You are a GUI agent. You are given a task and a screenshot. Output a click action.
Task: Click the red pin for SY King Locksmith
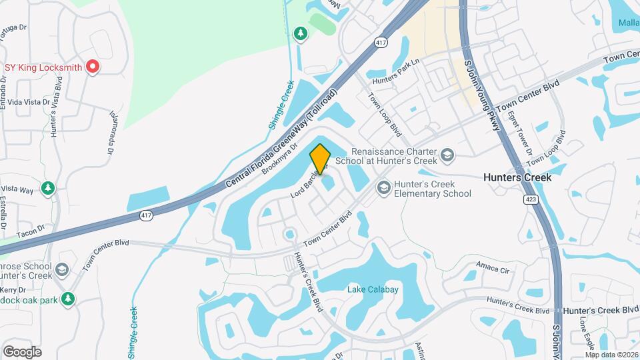pyautogui.click(x=93, y=67)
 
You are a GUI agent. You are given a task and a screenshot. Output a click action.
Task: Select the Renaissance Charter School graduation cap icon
pyautogui.click(x=447, y=156)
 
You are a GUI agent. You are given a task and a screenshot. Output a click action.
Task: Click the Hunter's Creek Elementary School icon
pyautogui.click(x=383, y=188)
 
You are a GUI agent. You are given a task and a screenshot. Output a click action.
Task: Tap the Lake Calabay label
pyautogui.click(x=373, y=289)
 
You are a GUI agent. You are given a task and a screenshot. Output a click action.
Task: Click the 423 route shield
pyautogui.click(x=531, y=199)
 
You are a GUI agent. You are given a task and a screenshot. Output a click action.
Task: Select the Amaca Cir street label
pyautogui.click(x=493, y=269)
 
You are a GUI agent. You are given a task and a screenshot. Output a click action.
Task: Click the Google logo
pyautogui.click(x=22, y=351)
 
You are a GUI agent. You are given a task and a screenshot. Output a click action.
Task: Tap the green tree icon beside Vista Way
pyautogui.click(x=47, y=189)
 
